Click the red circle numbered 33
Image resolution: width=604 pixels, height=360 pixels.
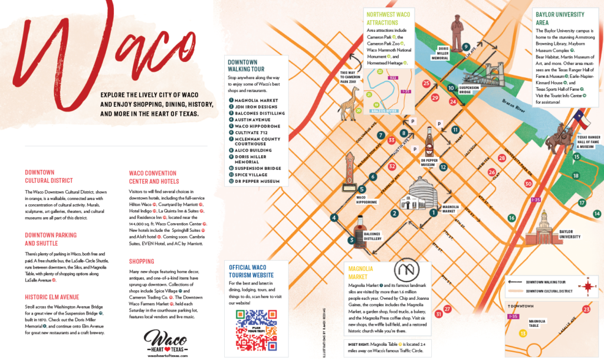[391, 140]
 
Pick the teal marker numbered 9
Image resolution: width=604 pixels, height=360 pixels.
[465, 47]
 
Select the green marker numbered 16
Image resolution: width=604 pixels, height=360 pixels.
[511, 218]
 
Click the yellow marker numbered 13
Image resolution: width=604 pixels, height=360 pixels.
[522, 333]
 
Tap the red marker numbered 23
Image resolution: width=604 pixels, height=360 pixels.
[586, 309]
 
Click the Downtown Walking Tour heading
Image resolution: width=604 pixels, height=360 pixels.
[242, 65]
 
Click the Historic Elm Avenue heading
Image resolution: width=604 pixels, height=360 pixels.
[52, 297]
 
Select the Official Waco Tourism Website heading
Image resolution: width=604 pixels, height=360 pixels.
[251, 271]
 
